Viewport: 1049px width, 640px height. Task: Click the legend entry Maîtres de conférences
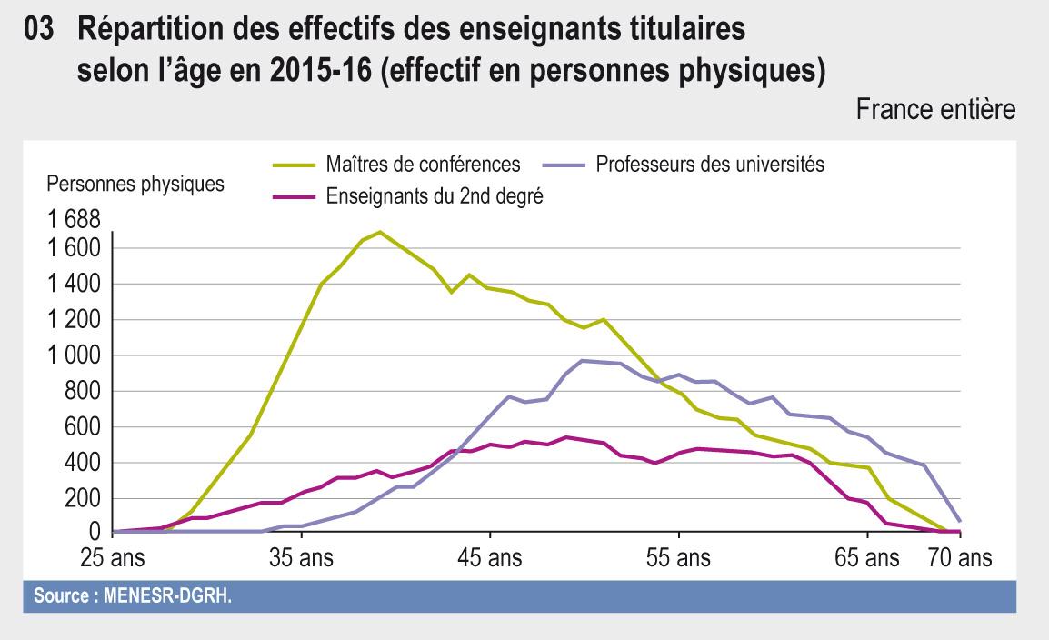[x=423, y=165]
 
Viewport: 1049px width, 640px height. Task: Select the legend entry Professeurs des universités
[x=709, y=165]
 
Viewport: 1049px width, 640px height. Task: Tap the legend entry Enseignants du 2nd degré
[x=434, y=195]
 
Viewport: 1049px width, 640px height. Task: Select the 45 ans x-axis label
[x=490, y=556]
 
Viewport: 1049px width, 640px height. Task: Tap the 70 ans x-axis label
[x=960, y=556]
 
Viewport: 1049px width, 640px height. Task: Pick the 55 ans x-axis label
[x=679, y=556]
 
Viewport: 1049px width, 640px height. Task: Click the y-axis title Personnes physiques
[x=135, y=184]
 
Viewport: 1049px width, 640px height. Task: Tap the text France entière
[x=935, y=111]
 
